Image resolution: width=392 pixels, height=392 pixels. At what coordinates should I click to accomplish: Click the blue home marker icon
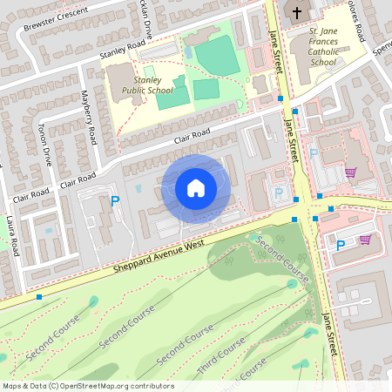pyautogui.click(x=196, y=188)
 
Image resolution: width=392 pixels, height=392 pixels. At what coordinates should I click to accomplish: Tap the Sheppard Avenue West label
pyautogui.click(x=159, y=258)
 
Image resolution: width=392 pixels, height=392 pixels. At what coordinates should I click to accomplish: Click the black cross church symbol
pyautogui.click(x=297, y=12)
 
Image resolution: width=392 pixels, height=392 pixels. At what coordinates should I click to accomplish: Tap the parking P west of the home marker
pyautogui.click(x=115, y=201)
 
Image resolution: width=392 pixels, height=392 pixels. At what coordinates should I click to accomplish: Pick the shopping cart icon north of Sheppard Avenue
pyautogui.click(x=351, y=172)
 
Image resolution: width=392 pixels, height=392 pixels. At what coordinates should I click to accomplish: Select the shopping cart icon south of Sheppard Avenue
pyautogui.click(x=365, y=239)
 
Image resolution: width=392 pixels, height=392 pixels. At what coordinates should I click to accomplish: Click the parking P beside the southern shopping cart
pyautogui.click(x=340, y=245)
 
